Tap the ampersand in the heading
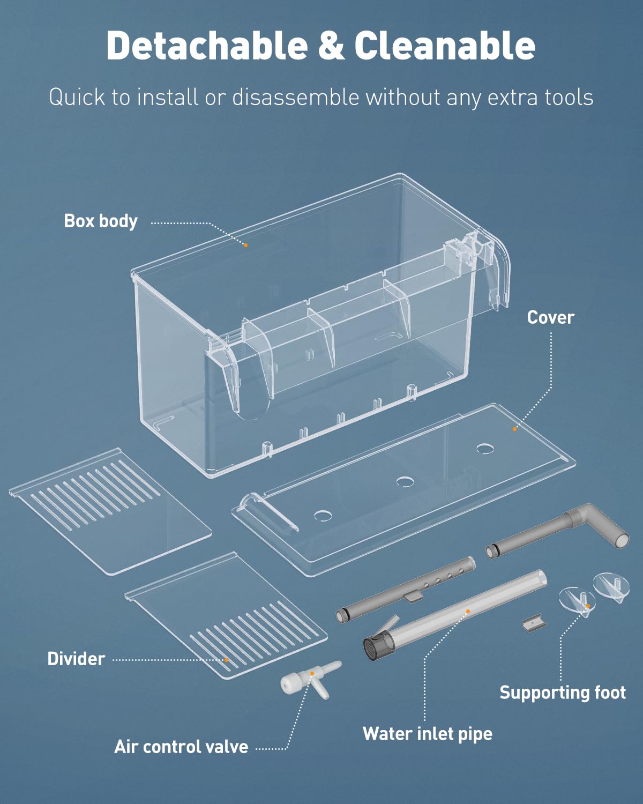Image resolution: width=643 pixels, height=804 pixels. (x=331, y=46)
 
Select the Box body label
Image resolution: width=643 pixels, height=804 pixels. (x=101, y=221)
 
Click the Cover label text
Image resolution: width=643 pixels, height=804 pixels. (x=550, y=317)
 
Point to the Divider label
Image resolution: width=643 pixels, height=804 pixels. (x=76, y=659)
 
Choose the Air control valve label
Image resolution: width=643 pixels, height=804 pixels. (x=181, y=747)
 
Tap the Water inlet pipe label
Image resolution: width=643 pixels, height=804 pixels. (x=427, y=734)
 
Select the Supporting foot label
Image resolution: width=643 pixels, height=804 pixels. (x=562, y=693)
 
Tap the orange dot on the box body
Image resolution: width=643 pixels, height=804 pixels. (x=246, y=245)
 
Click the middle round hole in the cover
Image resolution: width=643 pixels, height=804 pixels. (x=405, y=481)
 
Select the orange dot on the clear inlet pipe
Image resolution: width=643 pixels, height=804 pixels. (x=468, y=611)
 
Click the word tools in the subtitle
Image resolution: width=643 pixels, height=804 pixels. (x=569, y=98)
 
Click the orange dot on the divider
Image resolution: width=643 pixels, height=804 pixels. (x=227, y=660)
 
